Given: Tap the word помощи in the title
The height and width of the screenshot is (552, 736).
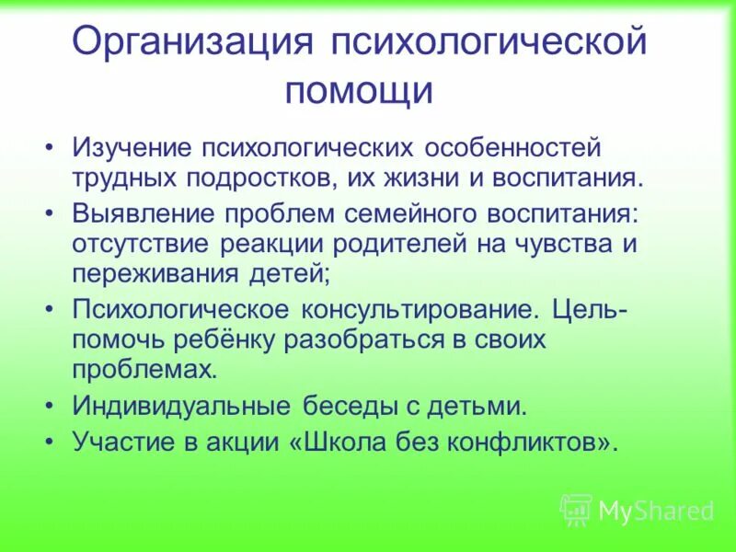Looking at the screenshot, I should tap(358, 91).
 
